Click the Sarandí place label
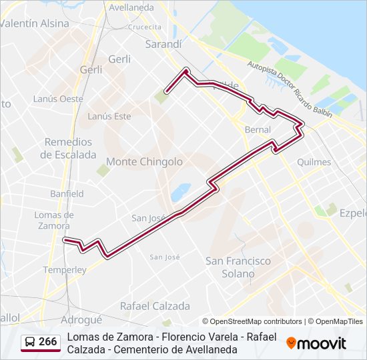point(163,44)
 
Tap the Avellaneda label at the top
point(131,7)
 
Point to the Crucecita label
point(145,27)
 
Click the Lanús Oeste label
point(58,99)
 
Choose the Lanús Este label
point(109,116)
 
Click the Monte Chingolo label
point(144,161)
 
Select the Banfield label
point(67,194)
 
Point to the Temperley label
point(65,270)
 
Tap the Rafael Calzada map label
point(154,306)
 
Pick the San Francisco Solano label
point(238,267)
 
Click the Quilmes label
point(314,162)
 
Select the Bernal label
point(258,129)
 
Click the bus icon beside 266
point(30,343)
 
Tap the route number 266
point(47,342)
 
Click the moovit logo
point(316,343)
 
